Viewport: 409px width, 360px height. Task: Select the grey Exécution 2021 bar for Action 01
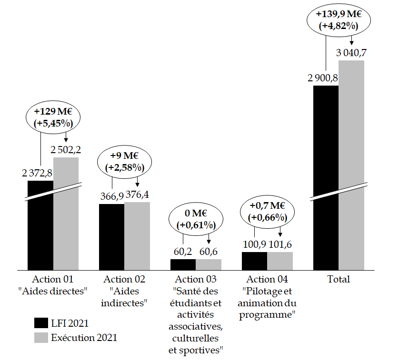pyautogui.click(x=66, y=214)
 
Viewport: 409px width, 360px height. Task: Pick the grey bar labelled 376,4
pyautogui.click(x=137, y=236)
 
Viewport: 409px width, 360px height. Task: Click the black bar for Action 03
pyautogui.click(x=183, y=264)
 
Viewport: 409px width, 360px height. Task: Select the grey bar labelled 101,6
pyautogui.click(x=280, y=261)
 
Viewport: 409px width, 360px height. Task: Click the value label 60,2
pyautogui.click(x=183, y=251)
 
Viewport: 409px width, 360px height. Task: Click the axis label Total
pyautogui.click(x=339, y=279)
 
